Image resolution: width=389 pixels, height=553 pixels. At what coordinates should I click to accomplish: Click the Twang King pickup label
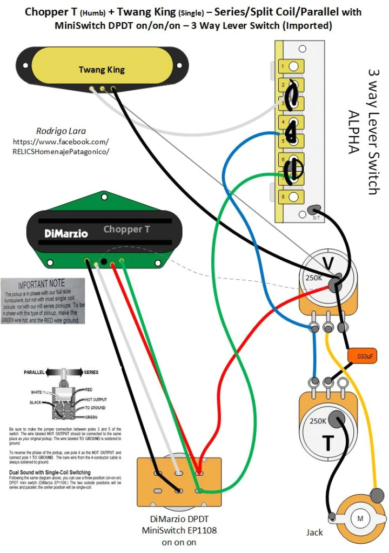tap(102, 70)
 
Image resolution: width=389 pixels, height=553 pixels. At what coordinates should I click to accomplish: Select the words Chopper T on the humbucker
tap(127, 229)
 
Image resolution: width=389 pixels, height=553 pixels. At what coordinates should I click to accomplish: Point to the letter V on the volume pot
tap(327, 263)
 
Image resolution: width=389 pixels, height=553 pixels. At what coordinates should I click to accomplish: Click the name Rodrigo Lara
tap(60, 131)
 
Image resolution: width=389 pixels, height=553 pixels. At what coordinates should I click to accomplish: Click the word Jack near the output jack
tap(314, 532)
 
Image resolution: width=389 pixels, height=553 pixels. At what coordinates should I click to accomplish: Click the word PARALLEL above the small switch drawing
tap(35, 373)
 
